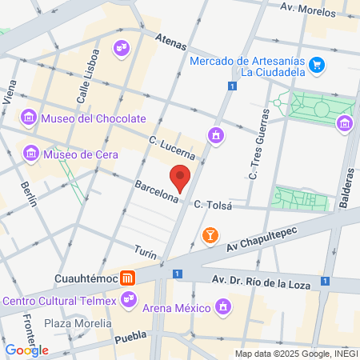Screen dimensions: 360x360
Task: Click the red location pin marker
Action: click(180, 178)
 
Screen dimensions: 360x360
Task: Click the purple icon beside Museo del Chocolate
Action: click(30, 118)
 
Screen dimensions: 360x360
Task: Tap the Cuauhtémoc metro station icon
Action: click(127, 278)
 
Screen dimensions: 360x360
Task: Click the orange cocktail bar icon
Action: click(210, 235)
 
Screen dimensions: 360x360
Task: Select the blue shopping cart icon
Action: click(317, 64)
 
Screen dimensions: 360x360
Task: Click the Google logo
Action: click(26, 350)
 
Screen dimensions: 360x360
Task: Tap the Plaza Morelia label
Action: click(78, 323)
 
